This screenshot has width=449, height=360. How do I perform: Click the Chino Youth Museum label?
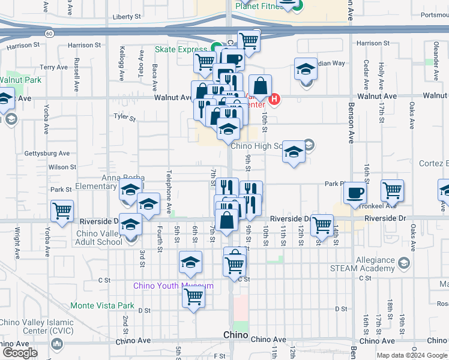tap(173, 286)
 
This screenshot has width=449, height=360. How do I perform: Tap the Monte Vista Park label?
tap(102, 305)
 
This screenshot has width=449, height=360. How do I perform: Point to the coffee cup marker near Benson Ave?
tap(354, 193)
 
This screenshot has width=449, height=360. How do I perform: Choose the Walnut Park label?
tap(20, 80)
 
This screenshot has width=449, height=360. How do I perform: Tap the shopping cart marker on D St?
tap(193, 296)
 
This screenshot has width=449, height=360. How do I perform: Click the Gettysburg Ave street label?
tap(47, 154)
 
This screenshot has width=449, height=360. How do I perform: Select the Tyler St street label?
tap(125, 117)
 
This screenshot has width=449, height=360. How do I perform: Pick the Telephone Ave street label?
tap(170, 191)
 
